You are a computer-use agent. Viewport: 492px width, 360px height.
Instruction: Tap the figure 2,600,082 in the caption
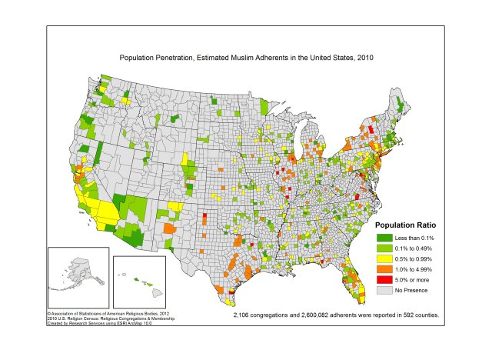point(313,315)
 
